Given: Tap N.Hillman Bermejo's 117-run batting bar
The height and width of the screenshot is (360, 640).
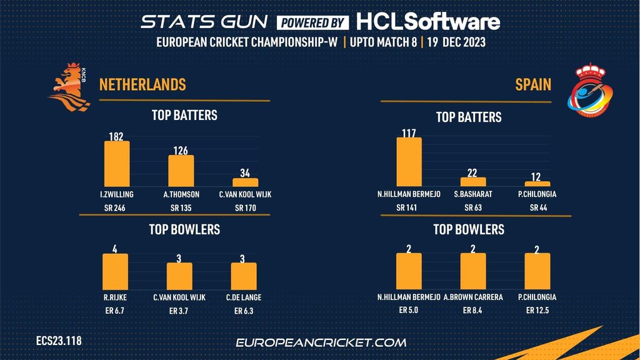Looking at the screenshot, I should pyautogui.click(x=409, y=162).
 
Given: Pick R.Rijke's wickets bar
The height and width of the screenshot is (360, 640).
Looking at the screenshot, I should pyautogui.click(x=115, y=271).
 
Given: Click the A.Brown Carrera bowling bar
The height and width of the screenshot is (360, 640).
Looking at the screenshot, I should pyautogui.click(x=472, y=271).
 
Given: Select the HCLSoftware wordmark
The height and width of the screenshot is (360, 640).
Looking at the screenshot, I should pyautogui.click(x=428, y=22).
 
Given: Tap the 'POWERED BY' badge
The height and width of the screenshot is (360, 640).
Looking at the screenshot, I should pyautogui.click(x=312, y=22).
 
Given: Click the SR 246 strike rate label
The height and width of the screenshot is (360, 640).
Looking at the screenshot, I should pyautogui.click(x=116, y=208).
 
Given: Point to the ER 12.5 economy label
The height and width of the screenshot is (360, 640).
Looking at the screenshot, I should pyautogui.click(x=537, y=311).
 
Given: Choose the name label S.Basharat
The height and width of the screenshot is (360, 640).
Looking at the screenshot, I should pyautogui.click(x=473, y=194).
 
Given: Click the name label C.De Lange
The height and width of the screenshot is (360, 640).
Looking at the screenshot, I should pyautogui.click(x=244, y=297).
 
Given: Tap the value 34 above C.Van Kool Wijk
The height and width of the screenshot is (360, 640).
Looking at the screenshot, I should pyautogui.click(x=245, y=173).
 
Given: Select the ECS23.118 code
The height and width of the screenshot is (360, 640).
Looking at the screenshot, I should pyautogui.click(x=59, y=341).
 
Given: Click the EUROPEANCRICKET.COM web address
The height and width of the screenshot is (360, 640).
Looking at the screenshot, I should pyautogui.click(x=321, y=342).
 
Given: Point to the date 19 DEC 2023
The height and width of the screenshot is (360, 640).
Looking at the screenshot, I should pyautogui.click(x=457, y=43).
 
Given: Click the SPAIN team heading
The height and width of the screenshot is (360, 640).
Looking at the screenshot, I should pyautogui.click(x=533, y=84).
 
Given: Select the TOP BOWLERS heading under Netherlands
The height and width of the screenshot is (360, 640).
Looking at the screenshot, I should pyautogui.click(x=184, y=229).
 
